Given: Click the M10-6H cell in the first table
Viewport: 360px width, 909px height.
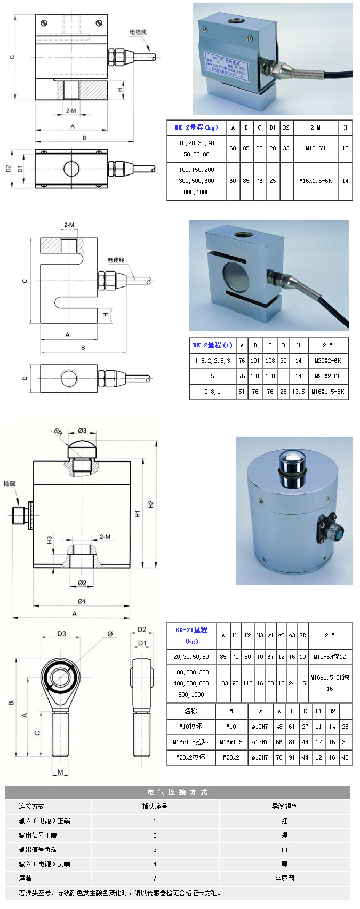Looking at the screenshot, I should coord(315,148).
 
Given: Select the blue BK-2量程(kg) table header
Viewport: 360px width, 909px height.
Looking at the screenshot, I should coord(196,127).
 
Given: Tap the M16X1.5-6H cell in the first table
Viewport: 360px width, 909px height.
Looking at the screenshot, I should coord(315,181).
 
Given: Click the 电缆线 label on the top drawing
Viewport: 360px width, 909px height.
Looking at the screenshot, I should coord(138,32).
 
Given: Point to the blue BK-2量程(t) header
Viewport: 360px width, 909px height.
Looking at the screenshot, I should coord(212,345).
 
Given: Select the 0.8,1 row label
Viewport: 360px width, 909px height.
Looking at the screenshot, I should coord(212,392).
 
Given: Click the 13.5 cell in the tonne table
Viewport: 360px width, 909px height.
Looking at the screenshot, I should coord(298,392).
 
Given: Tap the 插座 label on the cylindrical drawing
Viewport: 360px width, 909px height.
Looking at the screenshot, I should coord(10,483).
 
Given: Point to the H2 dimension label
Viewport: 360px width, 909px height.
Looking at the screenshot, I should coord(151,504).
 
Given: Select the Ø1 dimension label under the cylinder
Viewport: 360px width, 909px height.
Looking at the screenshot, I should coord(82,601).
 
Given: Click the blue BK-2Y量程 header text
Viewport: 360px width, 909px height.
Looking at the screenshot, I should coord(191,630).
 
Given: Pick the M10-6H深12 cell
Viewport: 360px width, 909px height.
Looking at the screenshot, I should coord(330,657).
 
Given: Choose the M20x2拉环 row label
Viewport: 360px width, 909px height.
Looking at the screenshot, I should coord(190,757).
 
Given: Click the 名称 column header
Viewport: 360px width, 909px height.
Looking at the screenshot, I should coord(190,711).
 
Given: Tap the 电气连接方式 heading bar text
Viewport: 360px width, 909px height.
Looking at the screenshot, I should coord(177,792).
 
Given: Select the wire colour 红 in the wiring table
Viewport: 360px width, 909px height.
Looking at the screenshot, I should coord(284,821).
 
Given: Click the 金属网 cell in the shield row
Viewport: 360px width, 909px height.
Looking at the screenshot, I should coord(284,879).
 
